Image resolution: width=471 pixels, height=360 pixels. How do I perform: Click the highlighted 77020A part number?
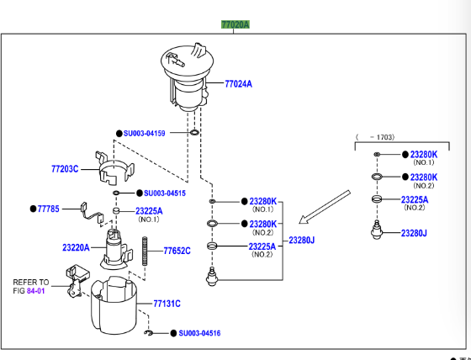point(235,25)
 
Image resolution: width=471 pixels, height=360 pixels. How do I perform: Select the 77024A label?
point(238,84)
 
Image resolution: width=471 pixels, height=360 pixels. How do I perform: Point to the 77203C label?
point(64,168)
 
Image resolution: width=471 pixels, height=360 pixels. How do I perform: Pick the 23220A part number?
point(76,248)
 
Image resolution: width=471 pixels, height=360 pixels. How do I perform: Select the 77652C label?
point(177,251)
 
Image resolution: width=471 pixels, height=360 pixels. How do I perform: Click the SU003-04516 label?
point(198,334)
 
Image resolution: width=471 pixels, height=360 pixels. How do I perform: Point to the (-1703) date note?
point(375,136)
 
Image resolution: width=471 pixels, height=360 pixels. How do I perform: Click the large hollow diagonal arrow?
point(325,207)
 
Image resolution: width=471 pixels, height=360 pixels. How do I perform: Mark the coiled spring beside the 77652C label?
point(147,251)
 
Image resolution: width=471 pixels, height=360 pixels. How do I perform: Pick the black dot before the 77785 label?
point(33,208)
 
